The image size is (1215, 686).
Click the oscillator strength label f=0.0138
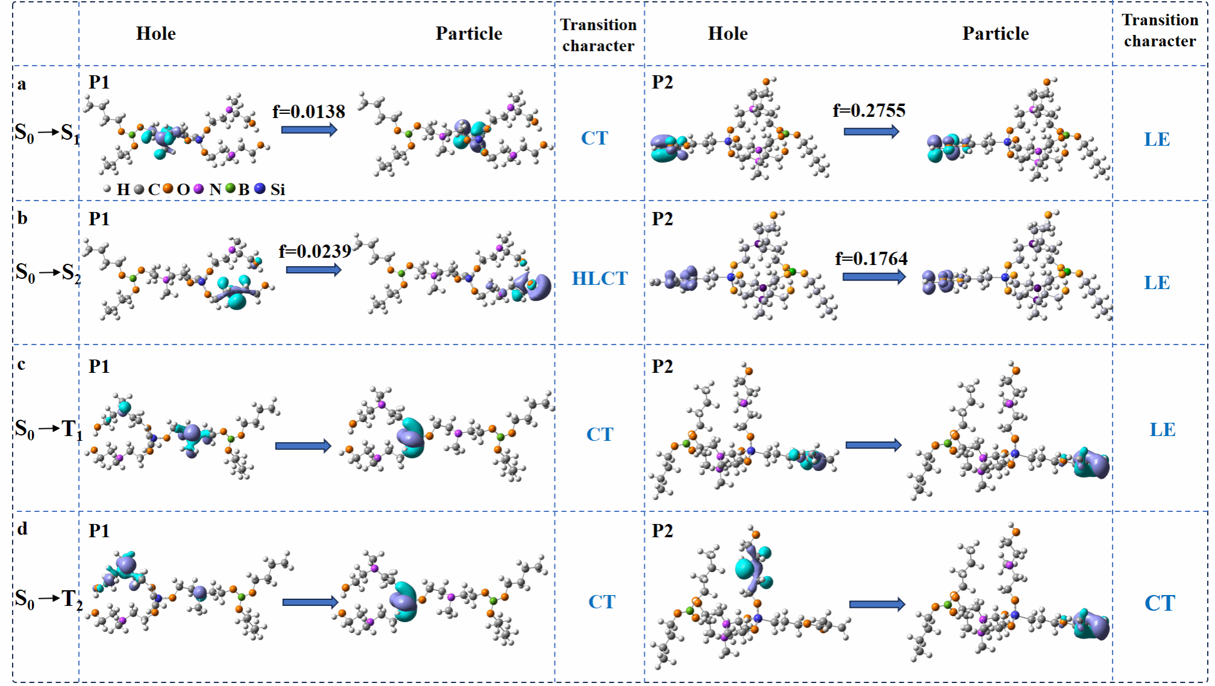pyautogui.click(x=309, y=111)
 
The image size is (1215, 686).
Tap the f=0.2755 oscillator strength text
pyautogui.click(x=869, y=110)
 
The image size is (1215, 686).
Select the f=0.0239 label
pyautogui.click(x=315, y=251)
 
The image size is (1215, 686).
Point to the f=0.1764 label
pyautogui.click(x=871, y=258)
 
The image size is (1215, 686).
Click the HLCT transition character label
pyautogui.click(x=600, y=278)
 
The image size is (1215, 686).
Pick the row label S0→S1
pyautogui.click(x=47, y=133)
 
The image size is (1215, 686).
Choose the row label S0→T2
pyautogui.click(x=48, y=599)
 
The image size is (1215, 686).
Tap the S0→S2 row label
pyautogui.click(x=48, y=273)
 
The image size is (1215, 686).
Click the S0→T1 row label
pyautogui.click(x=48, y=429)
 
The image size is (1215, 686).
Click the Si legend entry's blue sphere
pyautogui.click(x=260, y=189)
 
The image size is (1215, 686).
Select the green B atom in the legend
pyautogui.click(x=230, y=189)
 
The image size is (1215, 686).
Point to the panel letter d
pyautogui.click(x=22, y=528)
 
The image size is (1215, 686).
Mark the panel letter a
pyautogui.click(x=22, y=84)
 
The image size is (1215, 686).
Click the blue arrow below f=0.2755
pyautogui.click(x=871, y=131)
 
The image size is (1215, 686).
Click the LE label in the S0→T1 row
pyautogui.click(x=1162, y=429)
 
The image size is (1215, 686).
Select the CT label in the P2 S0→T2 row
pyautogui.click(x=1160, y=603)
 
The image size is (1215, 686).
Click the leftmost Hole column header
pyautogui.click(x=156, y=33)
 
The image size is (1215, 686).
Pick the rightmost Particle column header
pyautogui.click(x=996, y=33)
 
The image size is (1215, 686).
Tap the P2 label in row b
pyautogui.click(x=662, y=219)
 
